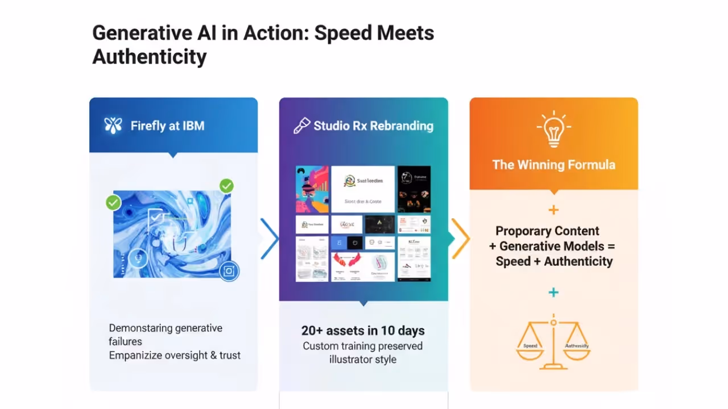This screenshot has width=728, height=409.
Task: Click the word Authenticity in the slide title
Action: [149, 57]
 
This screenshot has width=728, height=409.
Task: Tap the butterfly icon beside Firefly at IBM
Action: [113, 126]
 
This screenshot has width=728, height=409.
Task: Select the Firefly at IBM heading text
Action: [167, 126]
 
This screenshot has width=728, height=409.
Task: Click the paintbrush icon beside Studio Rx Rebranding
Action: [301, 126]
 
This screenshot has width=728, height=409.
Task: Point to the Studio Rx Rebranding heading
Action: [373, 126]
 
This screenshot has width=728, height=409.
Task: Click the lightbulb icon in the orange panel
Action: [553, 129]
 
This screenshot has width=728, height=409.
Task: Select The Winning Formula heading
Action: [553, 165]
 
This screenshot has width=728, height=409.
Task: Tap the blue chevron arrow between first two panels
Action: [270, 239]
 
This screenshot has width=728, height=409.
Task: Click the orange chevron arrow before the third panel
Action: [461, 239]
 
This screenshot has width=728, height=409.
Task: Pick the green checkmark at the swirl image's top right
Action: [226, 186]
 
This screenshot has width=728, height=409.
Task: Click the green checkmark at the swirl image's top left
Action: [113, 202]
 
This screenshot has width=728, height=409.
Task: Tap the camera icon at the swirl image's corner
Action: [229, 272]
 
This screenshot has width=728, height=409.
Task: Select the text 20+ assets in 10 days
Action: [363, 331]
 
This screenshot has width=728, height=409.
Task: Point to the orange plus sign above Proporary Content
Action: [553, 210]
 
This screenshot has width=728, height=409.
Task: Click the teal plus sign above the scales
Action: [553, 293]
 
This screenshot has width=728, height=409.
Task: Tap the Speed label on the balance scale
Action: [530, 345]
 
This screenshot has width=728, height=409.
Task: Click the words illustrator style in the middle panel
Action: [363, 360]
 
